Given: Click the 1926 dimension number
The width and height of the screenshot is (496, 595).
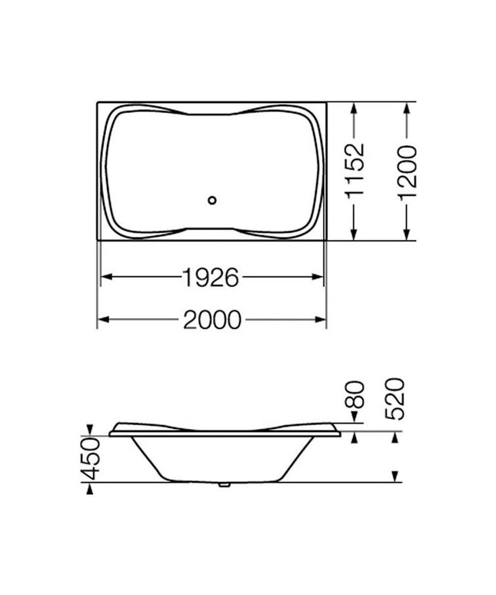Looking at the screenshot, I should coord(211,277).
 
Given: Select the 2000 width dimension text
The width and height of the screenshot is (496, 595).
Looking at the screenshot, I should coord(211,319).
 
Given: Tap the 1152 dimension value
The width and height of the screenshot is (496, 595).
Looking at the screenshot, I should coord(355,171).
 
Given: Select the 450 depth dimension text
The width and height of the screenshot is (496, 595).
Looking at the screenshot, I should coord(91,458).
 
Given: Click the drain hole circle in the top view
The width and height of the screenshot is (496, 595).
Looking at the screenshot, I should coord(213,202).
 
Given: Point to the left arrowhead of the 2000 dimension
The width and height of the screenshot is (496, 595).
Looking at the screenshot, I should coord(102,319).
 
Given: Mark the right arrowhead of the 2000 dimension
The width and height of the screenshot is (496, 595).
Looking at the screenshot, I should coord(322,319).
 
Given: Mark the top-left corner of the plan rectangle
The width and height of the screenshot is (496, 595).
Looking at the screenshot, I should coord(98,101).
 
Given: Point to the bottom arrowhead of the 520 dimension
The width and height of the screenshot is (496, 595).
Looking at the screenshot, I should coord(394,476).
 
